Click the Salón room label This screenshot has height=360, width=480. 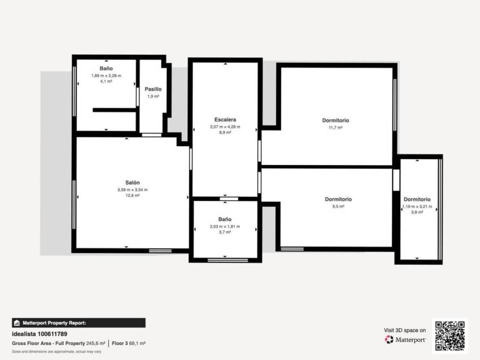[x=132, y=183]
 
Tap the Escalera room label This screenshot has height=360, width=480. [x=225, y=120]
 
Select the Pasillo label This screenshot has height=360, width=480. [x=153, y=89]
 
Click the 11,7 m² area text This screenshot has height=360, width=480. [x=336, y=127]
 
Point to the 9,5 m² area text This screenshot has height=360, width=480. [x=338, y=206]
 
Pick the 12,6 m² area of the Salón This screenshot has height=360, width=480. [x=133, y=195]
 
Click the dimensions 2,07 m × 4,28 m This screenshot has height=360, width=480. [x=225, y=127]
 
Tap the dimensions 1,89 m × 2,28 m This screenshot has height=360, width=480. [x=106, y=75]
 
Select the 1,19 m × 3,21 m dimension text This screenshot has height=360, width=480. [x=417, y=207]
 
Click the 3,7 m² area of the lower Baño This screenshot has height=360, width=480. [x=225, y=232]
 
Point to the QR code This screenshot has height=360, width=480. [x=450, y=336]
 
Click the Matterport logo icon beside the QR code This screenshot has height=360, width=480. [x=389, y=339]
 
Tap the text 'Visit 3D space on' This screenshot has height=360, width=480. [x=405, y=330]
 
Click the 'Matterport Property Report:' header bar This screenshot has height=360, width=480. [x=79, y=323]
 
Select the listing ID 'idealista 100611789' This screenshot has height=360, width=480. [x=39, y=334]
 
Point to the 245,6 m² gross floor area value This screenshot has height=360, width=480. [x=96, y=344]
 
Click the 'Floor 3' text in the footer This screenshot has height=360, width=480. [x=120, y=344]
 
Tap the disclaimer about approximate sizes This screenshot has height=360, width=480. [x=56, y=352]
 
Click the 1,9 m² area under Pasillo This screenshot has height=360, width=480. [x=153, y=97]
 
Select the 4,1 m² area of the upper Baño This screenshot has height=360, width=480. [x=106, y=82]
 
